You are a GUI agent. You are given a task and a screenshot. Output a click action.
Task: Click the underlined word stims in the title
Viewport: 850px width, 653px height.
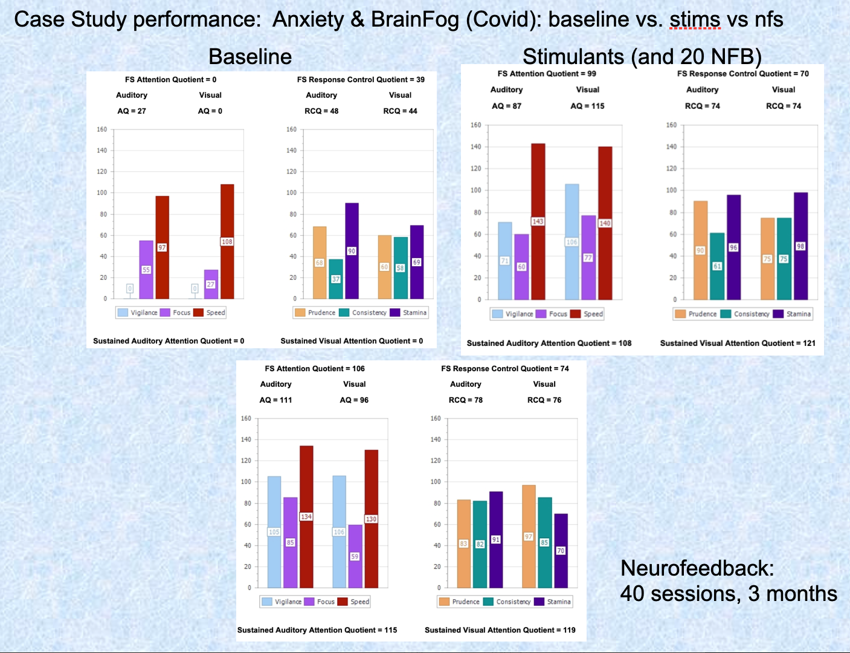click(695, 19)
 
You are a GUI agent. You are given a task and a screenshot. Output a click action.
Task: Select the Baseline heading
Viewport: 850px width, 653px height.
click(250, 56)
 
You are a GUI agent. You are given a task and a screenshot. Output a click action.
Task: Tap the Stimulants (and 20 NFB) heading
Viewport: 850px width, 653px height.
click(642, 56)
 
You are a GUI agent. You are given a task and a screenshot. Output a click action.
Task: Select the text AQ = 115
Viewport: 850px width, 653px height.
click(587, 106)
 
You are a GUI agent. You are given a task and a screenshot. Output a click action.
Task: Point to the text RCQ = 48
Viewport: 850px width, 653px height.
click(321, 111)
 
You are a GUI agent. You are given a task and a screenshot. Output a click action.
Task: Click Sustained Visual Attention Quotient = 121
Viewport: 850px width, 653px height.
click(738, 343)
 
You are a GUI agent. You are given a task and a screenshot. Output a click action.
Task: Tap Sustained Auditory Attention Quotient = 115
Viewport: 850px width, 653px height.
click(317, 629)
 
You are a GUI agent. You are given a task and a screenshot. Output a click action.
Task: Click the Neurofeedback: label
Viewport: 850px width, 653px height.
click(697, 568)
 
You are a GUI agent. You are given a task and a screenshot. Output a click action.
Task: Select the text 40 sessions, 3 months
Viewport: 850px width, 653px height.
click(729, 594)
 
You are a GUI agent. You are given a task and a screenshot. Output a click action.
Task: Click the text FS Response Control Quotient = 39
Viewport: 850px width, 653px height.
click(361, 79)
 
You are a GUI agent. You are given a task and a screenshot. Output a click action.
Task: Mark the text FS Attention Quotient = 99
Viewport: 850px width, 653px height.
click(547, 73)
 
